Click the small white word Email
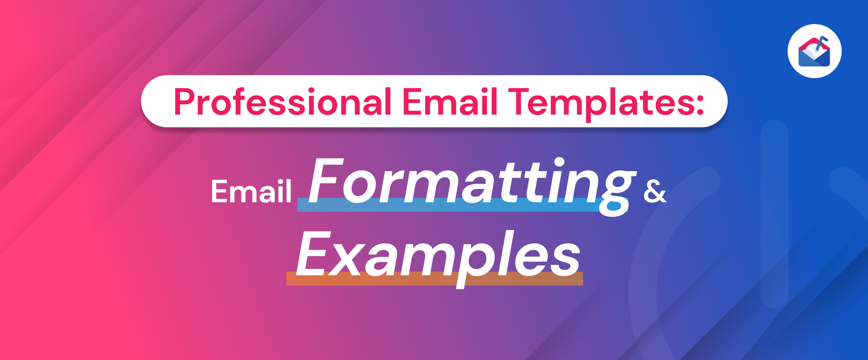point(251,191)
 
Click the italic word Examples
point(438,257)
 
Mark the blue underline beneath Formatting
point(462,205)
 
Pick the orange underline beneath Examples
point(435,278)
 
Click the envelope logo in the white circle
point(814,52)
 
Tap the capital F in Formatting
point(326,180)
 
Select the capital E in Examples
point(314,254)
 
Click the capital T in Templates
point(518,102)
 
